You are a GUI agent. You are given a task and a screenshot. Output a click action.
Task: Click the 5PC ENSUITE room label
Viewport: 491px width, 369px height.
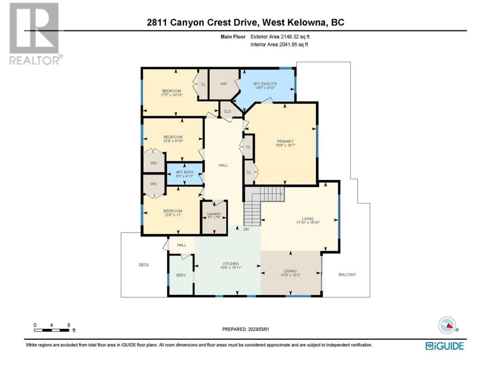tap(265, 84)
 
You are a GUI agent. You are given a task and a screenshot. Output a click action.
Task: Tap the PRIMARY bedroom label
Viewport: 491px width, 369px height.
tap(285, 141)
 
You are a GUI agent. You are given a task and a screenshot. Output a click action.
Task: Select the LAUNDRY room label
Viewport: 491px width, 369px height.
tap(214, 214)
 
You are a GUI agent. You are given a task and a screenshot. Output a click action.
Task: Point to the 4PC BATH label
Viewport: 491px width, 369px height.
tap(185, 172)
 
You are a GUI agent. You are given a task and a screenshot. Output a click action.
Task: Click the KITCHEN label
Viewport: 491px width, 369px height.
tap(231, 264)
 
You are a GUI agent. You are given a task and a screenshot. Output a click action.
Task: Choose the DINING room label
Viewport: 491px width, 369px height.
tap(290, 271)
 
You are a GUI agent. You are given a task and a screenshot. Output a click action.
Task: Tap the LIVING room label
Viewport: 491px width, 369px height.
tap(308, 219)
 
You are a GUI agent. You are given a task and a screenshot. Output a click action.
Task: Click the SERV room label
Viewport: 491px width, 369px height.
tap(181, 275)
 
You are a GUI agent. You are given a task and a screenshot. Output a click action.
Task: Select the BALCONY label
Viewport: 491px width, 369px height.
tap(347, 275)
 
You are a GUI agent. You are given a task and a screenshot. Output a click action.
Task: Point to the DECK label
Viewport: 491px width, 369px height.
tap(144, 265)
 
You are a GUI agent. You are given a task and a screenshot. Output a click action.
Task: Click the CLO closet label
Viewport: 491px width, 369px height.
tap(227, 111)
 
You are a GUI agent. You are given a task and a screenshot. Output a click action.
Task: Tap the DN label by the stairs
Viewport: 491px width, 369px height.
tap(246, 229)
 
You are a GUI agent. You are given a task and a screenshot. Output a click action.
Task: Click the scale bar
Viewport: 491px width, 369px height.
tap(52, 331)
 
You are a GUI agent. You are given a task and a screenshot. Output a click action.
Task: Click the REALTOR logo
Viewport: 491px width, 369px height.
tap(35, 34)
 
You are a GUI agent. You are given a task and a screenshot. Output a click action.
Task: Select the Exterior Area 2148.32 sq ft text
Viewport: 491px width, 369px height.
tap(280, 37)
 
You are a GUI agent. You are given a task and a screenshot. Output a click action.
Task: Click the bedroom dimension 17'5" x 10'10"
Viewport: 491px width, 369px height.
tap(171, 95)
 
